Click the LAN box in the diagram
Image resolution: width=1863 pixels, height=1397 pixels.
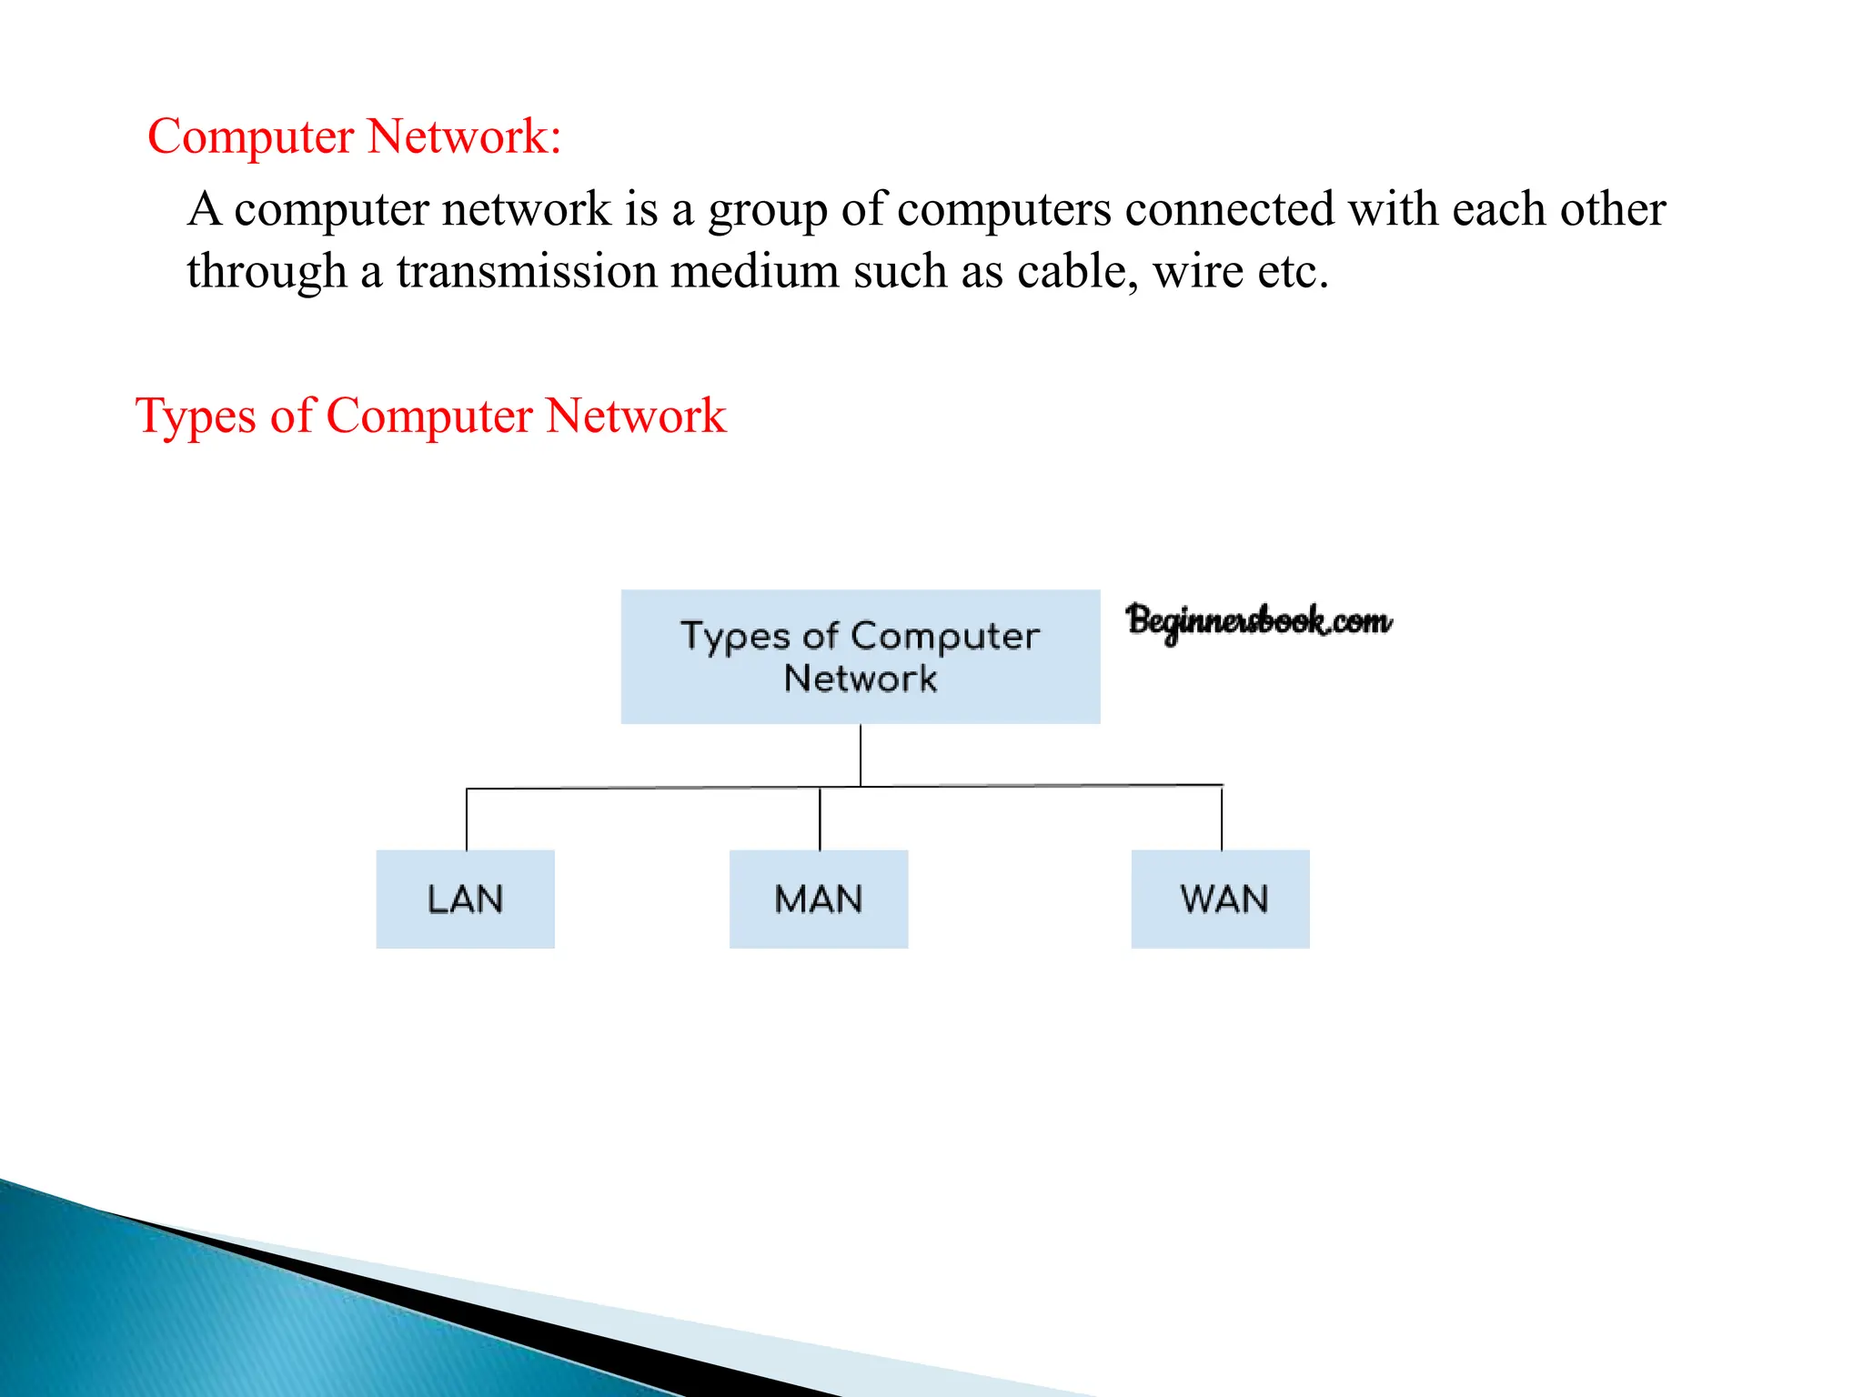pyautogui.click(x=465, y=899)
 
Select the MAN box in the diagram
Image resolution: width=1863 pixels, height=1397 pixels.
pyautogui.click(x=819, y=899)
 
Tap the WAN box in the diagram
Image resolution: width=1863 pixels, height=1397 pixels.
pyautogui.click(x=1220, y=899)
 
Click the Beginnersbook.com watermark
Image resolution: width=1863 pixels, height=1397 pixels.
pyautogui.click(x=1258, y=621)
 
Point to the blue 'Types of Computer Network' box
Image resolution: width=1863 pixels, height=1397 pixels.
pyautogui.click(x=860, y=656)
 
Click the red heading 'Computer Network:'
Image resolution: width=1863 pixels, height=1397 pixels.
pyautogui.click(x=354, y=136)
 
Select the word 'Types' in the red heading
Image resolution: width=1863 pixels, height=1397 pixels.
pyautogui.click(x=195, y=417)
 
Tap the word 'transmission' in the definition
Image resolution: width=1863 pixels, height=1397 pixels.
pyautogui.click(x=527, y=271)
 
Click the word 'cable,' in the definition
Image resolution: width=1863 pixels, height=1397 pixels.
pyautogui.click(x=1077, y=271)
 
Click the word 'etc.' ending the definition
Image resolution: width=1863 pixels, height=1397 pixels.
pyautogui.click(x=1293, y=271)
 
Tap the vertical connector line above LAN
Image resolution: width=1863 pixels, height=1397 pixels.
pyautogui.click(x=467, y=819)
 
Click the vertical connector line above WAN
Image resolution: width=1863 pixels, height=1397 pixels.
pyautogui.click(x=1222, y=818)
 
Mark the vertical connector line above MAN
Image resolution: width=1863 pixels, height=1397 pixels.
pyautogui.click(x=820, y=819)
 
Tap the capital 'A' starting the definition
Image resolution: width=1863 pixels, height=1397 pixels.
pyautogui.click(x=205, y=209)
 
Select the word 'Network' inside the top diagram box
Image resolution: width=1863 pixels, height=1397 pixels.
pyautogui.click(x=861, y=678)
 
